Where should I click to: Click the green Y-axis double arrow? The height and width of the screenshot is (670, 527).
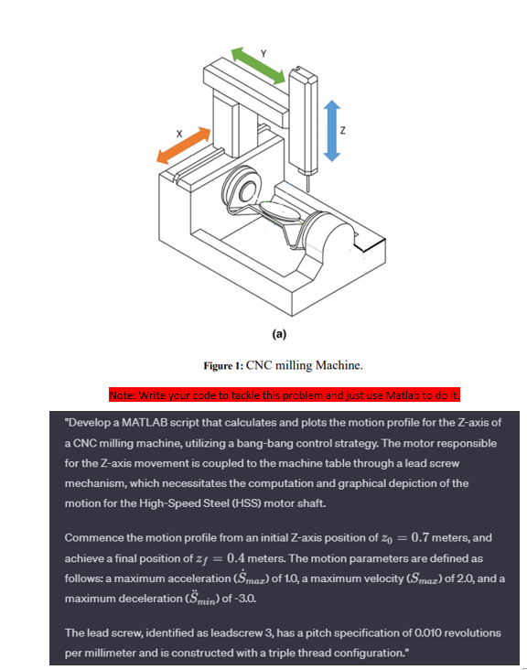258,65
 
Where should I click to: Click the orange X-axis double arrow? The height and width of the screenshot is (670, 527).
184,146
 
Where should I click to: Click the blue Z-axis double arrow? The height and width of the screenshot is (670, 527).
332,131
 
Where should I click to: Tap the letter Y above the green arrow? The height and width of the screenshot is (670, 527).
263,53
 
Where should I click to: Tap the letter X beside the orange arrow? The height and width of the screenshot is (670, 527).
179,134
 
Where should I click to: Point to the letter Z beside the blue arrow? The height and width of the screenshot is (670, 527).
342,131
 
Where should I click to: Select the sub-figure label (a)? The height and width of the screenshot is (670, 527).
279,334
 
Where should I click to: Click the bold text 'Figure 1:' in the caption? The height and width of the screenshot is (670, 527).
223,366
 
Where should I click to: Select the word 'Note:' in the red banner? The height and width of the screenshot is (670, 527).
123,395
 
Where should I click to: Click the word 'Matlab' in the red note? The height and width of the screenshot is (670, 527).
403,395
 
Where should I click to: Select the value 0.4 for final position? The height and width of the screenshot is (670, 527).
236,558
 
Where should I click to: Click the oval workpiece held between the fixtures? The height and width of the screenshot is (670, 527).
280,211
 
